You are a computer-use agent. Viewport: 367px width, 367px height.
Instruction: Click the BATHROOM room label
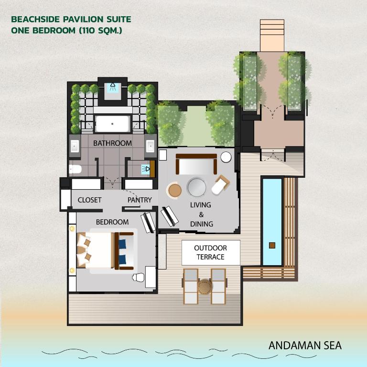click(112, 143)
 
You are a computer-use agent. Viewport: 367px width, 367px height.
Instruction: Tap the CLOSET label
click(89, 200)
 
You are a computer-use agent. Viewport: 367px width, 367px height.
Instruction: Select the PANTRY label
click(140, 200)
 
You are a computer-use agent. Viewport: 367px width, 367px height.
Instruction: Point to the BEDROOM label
click(112, 222)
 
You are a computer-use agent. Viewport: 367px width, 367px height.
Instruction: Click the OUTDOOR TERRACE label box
click(210, 252)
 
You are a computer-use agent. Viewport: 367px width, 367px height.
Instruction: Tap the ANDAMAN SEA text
click(305, 345)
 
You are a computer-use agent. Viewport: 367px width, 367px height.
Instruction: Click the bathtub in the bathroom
click(112, 124)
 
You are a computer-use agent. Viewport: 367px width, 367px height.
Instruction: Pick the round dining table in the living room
click(196, 187)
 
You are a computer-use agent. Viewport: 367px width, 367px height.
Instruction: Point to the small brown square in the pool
click(272, 245)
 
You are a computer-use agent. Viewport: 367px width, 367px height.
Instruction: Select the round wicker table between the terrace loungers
click(205, 287)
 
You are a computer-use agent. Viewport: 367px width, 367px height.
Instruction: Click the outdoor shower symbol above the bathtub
click(113, 87)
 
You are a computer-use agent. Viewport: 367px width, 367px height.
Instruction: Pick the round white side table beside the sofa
click(226, 157)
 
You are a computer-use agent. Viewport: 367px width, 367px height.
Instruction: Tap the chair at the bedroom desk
click(138, 277)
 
